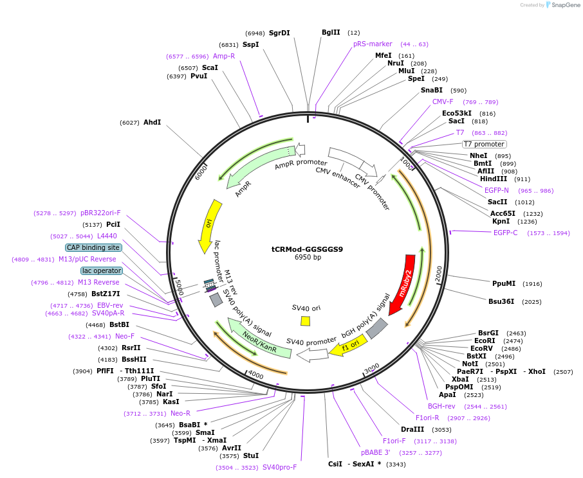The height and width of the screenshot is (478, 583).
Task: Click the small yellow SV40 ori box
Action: (x=306, y=321)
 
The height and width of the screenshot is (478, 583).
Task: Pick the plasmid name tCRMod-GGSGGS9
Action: (x=307, y=249)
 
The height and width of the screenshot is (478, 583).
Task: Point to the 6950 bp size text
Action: (x=308, y=258)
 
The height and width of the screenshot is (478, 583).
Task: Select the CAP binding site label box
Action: (x=93, y=247)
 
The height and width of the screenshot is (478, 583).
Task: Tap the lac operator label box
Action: (x=102, y=271)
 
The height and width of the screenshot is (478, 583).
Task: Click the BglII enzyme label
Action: (x=331, y=32)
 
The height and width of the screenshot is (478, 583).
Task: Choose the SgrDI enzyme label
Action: (x=279, y=33)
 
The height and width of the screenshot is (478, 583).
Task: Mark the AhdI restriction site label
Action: (x=153, y=122)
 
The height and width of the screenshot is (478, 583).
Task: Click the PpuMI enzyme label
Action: (x=504, y=283)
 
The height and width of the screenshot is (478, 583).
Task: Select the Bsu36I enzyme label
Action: (x=502, y=301)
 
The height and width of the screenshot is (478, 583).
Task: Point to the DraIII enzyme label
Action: (x=412, y=429)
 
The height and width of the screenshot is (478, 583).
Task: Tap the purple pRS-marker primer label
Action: (x=373, y=44)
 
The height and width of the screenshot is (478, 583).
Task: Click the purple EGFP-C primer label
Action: (x=505, y=233)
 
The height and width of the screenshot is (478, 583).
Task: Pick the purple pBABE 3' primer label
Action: (x=376, y=452)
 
